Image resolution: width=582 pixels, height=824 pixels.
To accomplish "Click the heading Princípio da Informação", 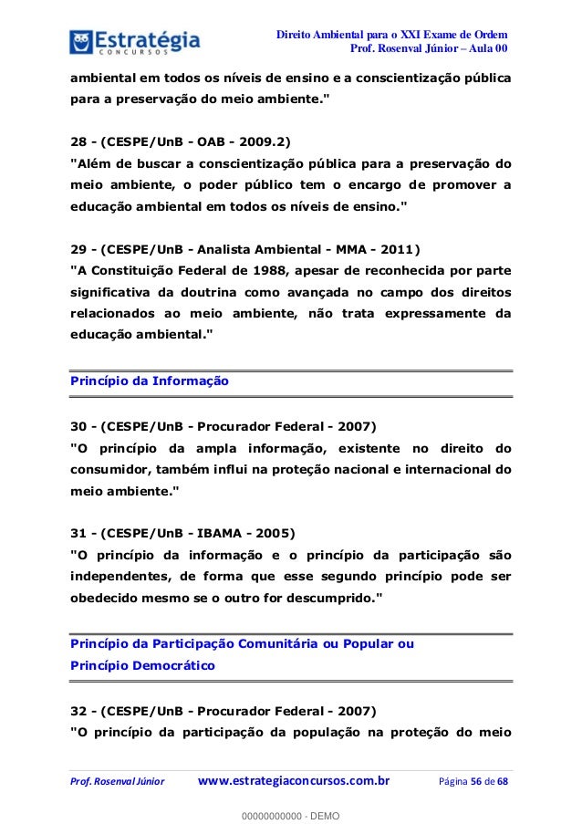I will (150, 381).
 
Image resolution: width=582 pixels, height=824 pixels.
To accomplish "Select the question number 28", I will (79, 141).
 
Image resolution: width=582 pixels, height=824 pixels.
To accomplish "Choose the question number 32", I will (79, 709).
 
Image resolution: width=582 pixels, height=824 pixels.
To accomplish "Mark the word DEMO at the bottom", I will (322, 813).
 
